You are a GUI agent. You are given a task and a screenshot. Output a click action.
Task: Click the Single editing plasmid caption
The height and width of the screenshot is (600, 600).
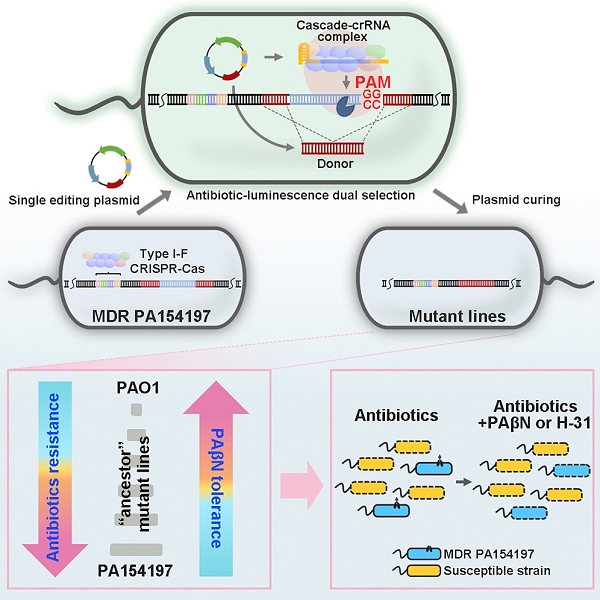(65, 198)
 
